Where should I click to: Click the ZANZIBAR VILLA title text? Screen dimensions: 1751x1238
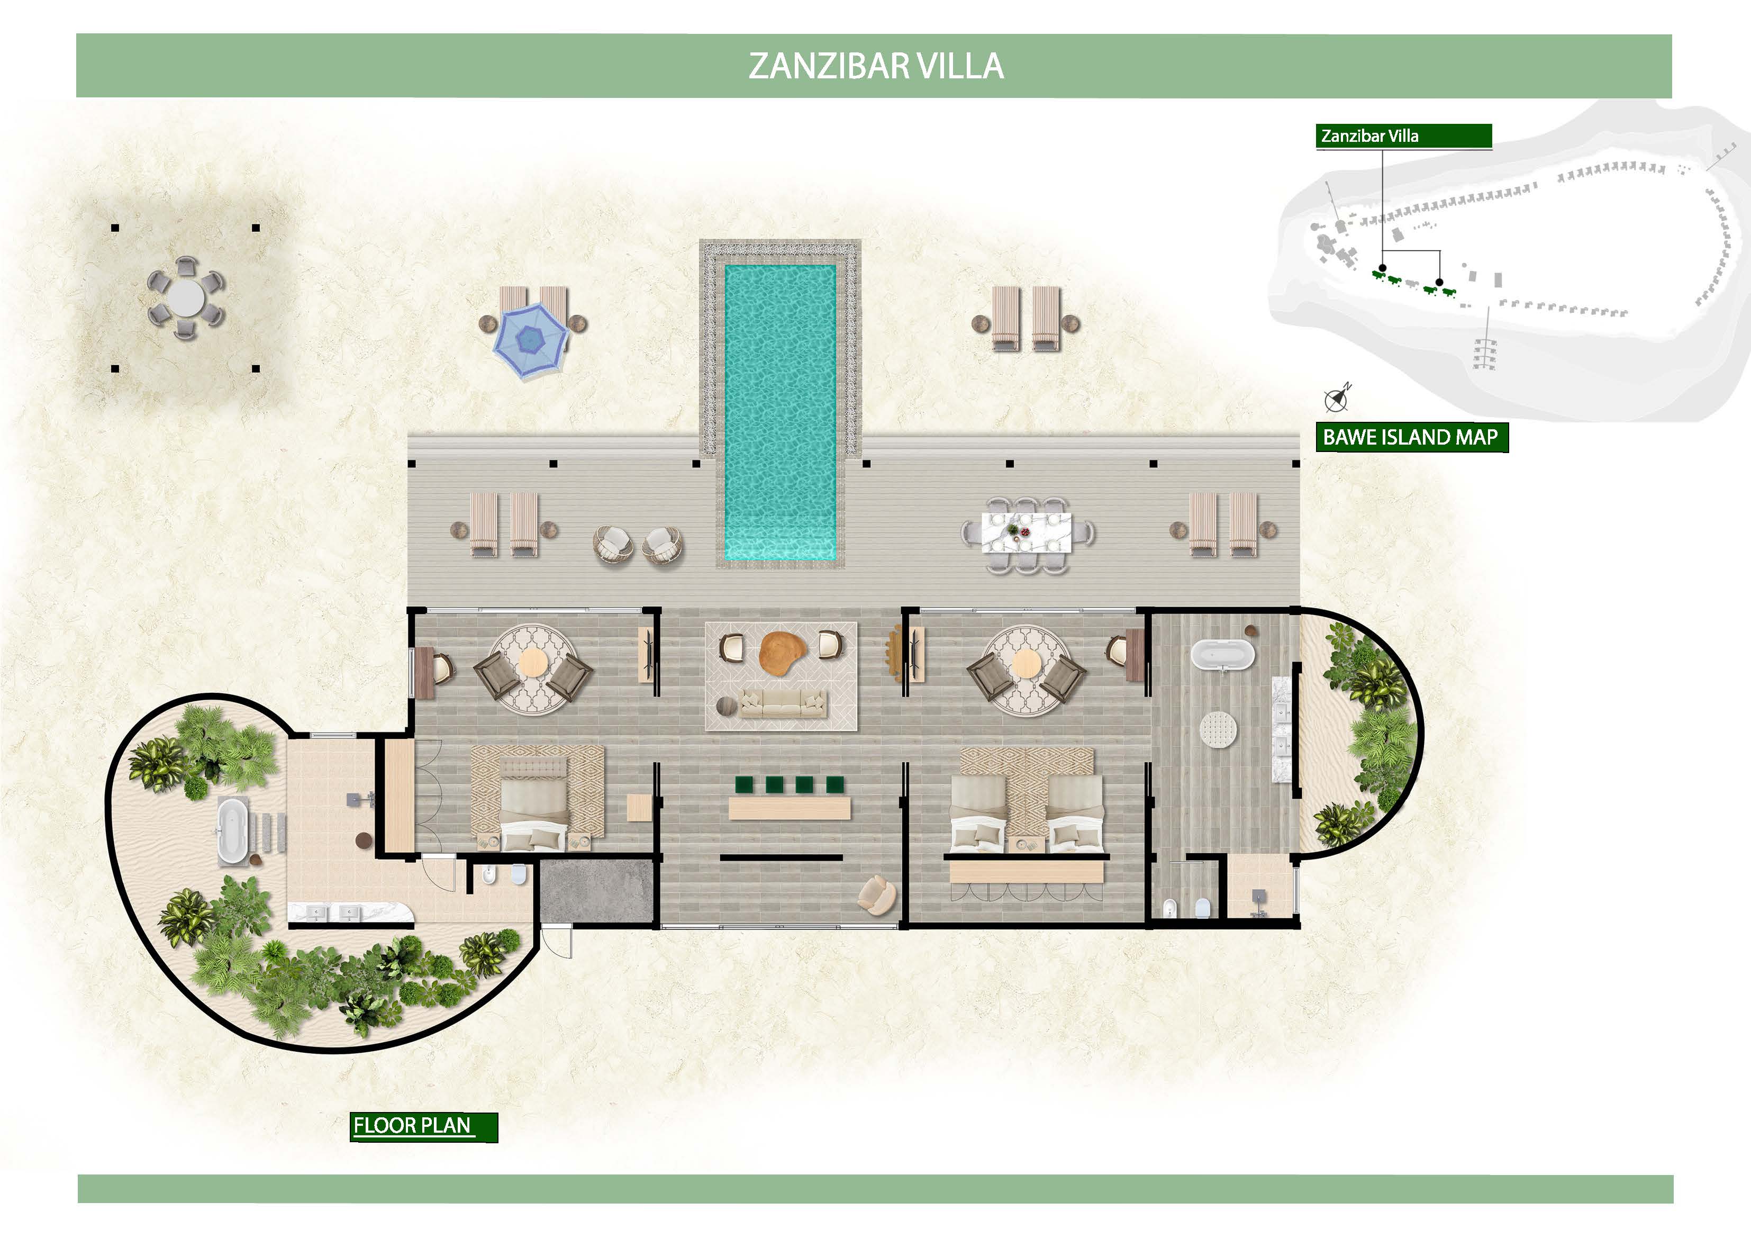coord(875,66)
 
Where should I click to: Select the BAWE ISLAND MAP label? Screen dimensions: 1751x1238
coord(1410,437)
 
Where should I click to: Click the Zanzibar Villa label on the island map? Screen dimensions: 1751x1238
coord(1369,136)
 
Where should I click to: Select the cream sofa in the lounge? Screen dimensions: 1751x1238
coord(784,703)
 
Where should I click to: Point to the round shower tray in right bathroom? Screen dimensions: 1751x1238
coord(1218,730)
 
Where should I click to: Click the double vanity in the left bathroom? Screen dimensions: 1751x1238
coord(350,912)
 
